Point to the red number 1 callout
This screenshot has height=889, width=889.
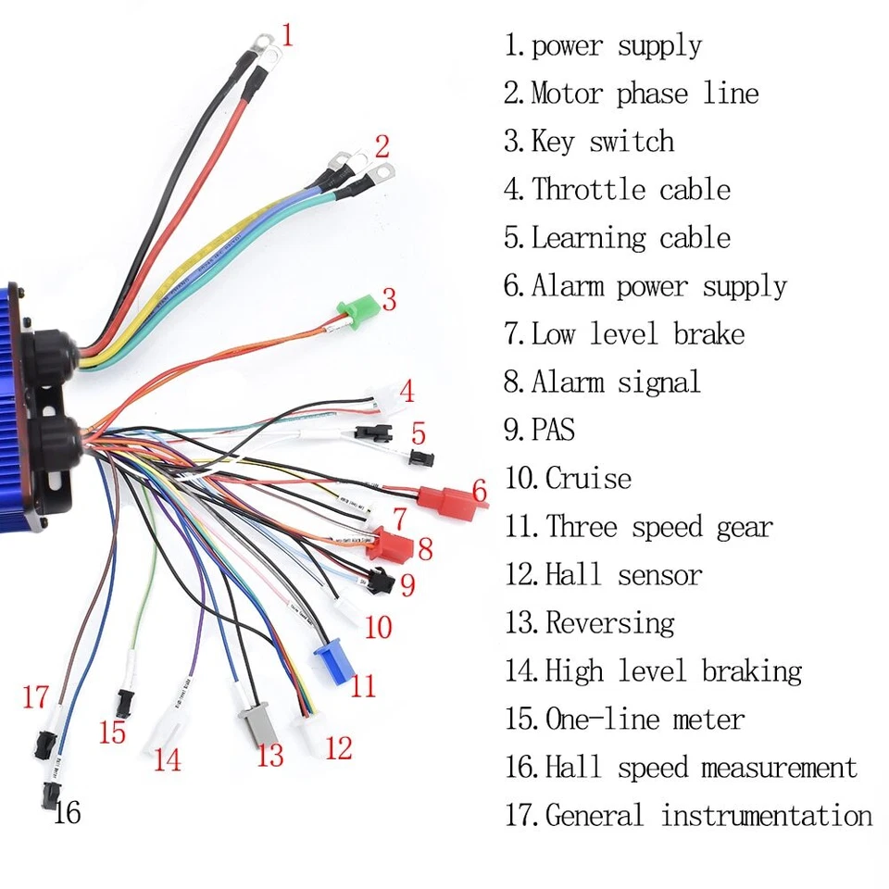(287, 37)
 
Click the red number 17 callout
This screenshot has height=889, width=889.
(35, 696)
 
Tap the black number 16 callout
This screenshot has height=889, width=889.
(67, 813)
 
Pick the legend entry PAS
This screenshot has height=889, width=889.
(553, 431)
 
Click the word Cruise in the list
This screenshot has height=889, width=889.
(588, 479)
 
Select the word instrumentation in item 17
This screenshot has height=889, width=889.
(766, 816)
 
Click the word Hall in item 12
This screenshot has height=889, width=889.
(573, 575)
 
